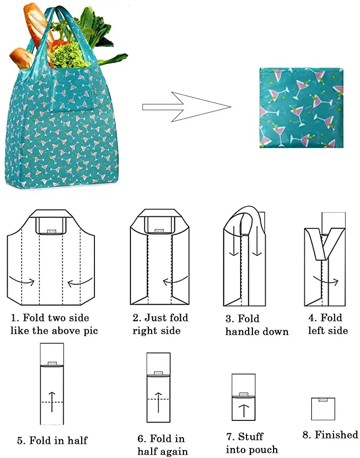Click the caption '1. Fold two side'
pos(50,318)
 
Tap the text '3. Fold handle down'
pos(257,325)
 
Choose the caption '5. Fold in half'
pos(52,440)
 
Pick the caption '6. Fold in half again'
pos(161,445)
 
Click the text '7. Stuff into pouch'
pos(251,443)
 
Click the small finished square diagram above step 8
pos(323,408)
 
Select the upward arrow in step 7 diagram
pos(243,410)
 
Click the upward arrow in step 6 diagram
pos(158,402)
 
